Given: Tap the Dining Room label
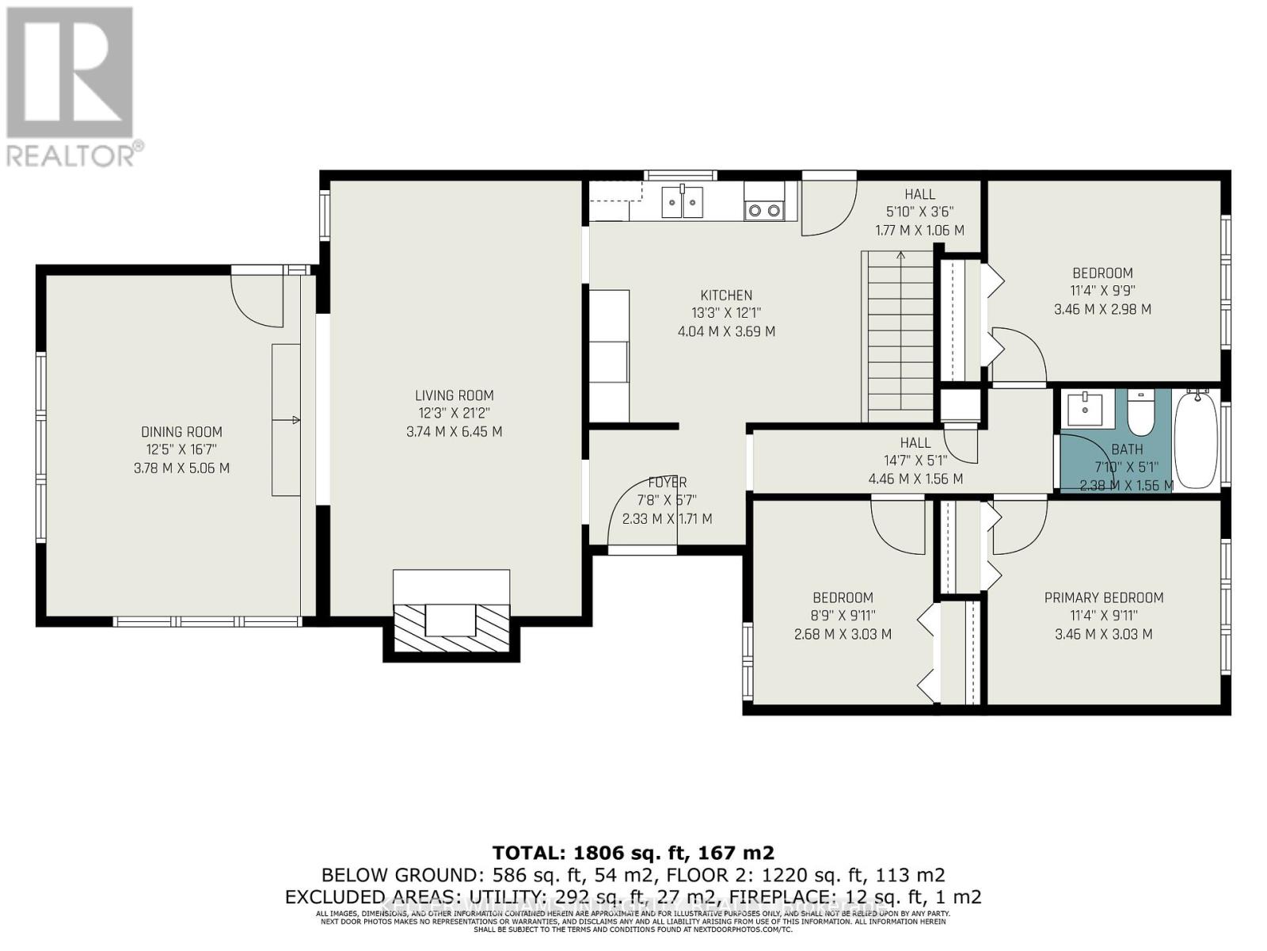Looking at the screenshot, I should tap(181, 432).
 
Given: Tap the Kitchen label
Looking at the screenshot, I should tap(725, 296).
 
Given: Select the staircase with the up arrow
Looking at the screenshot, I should tap(900, 336).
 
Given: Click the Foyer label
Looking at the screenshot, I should tap(667, 482).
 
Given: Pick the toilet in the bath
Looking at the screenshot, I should tap(1140, 414).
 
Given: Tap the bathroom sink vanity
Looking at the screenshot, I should tap(1082, 409).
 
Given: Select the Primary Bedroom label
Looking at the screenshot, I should tap(1103, 598).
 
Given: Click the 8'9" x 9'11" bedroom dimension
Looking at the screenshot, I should tap(843, 616).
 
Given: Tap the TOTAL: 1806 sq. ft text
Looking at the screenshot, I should tap(633, 853).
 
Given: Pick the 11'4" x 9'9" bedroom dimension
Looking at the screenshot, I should tap(1102, 291).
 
